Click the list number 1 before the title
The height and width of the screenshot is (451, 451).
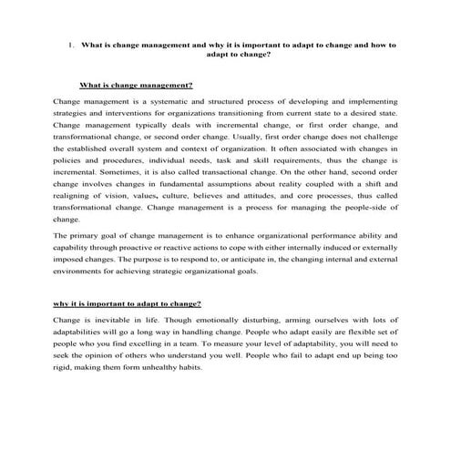[70, 43]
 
